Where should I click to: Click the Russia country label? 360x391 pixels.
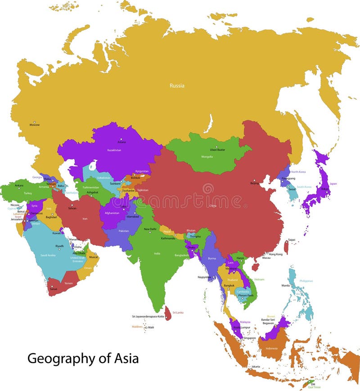[177, 85]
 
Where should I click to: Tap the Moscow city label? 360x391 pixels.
[35, 125]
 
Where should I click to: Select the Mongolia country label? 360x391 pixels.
[207, 157]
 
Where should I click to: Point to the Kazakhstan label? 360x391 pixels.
[114, 150]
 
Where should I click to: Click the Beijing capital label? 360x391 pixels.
[255, 184]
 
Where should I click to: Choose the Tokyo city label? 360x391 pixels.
[324, 189]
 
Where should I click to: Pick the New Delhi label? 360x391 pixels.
[150, 229]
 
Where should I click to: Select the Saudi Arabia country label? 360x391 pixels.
[48, 255]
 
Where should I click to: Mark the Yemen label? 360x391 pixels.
[68, 283]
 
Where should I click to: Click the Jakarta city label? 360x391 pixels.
[256, 367]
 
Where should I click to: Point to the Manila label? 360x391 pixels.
[286, 285]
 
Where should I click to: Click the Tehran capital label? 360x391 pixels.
[72, 208]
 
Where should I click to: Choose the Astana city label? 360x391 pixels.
[121, 142]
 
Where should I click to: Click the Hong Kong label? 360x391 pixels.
[276, 254]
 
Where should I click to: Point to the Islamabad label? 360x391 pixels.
[133, 216]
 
